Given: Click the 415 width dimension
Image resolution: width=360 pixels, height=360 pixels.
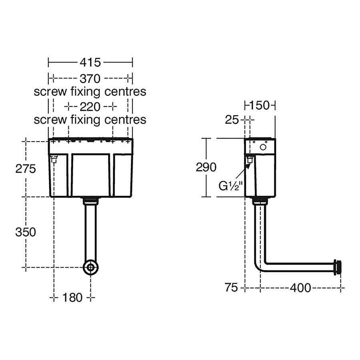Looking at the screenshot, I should [x=90, y=62].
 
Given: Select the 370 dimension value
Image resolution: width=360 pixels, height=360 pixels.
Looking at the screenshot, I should [x=90, y=78].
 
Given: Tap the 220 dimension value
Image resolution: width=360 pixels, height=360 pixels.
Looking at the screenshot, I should [x=90, y=106].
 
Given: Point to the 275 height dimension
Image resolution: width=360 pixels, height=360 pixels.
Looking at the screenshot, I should [x=25, y=168].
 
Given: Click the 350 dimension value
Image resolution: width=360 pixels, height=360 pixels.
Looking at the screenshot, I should [x=25, y=232].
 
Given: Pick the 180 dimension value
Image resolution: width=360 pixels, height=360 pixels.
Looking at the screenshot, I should [x=72, y=298].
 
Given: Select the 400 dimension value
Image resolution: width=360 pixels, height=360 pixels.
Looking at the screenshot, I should [x=300, y=287].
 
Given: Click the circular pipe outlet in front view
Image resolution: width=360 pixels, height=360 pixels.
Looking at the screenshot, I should [x=91, y=267].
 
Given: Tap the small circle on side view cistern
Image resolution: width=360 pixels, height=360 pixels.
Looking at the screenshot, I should [x=263, y=147].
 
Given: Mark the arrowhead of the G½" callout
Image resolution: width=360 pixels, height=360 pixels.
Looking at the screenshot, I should [x=249, y=164].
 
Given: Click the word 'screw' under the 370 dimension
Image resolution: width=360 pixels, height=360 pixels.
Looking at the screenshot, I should [x=50, y=92].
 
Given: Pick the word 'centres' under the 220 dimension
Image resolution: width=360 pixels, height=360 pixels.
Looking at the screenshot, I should [x=125, y=120].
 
